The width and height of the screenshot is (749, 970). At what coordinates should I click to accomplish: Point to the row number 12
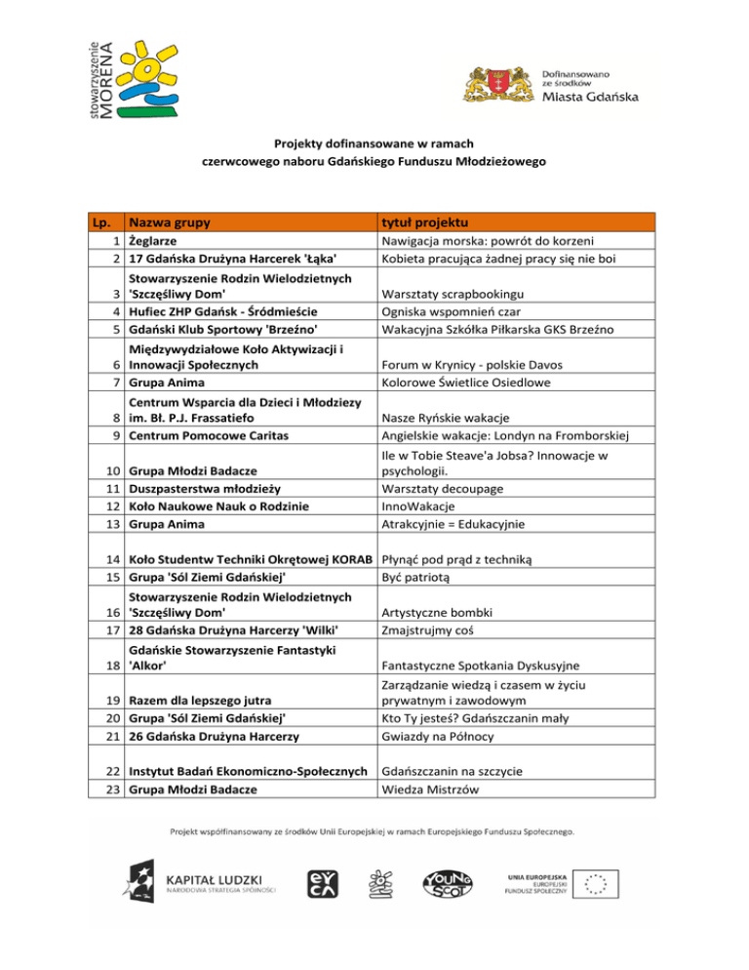tap(112, 505)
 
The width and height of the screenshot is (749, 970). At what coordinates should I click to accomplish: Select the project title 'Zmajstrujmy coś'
tap(427, 629)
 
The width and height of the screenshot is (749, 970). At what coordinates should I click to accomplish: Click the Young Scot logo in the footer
tap(445, 884)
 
